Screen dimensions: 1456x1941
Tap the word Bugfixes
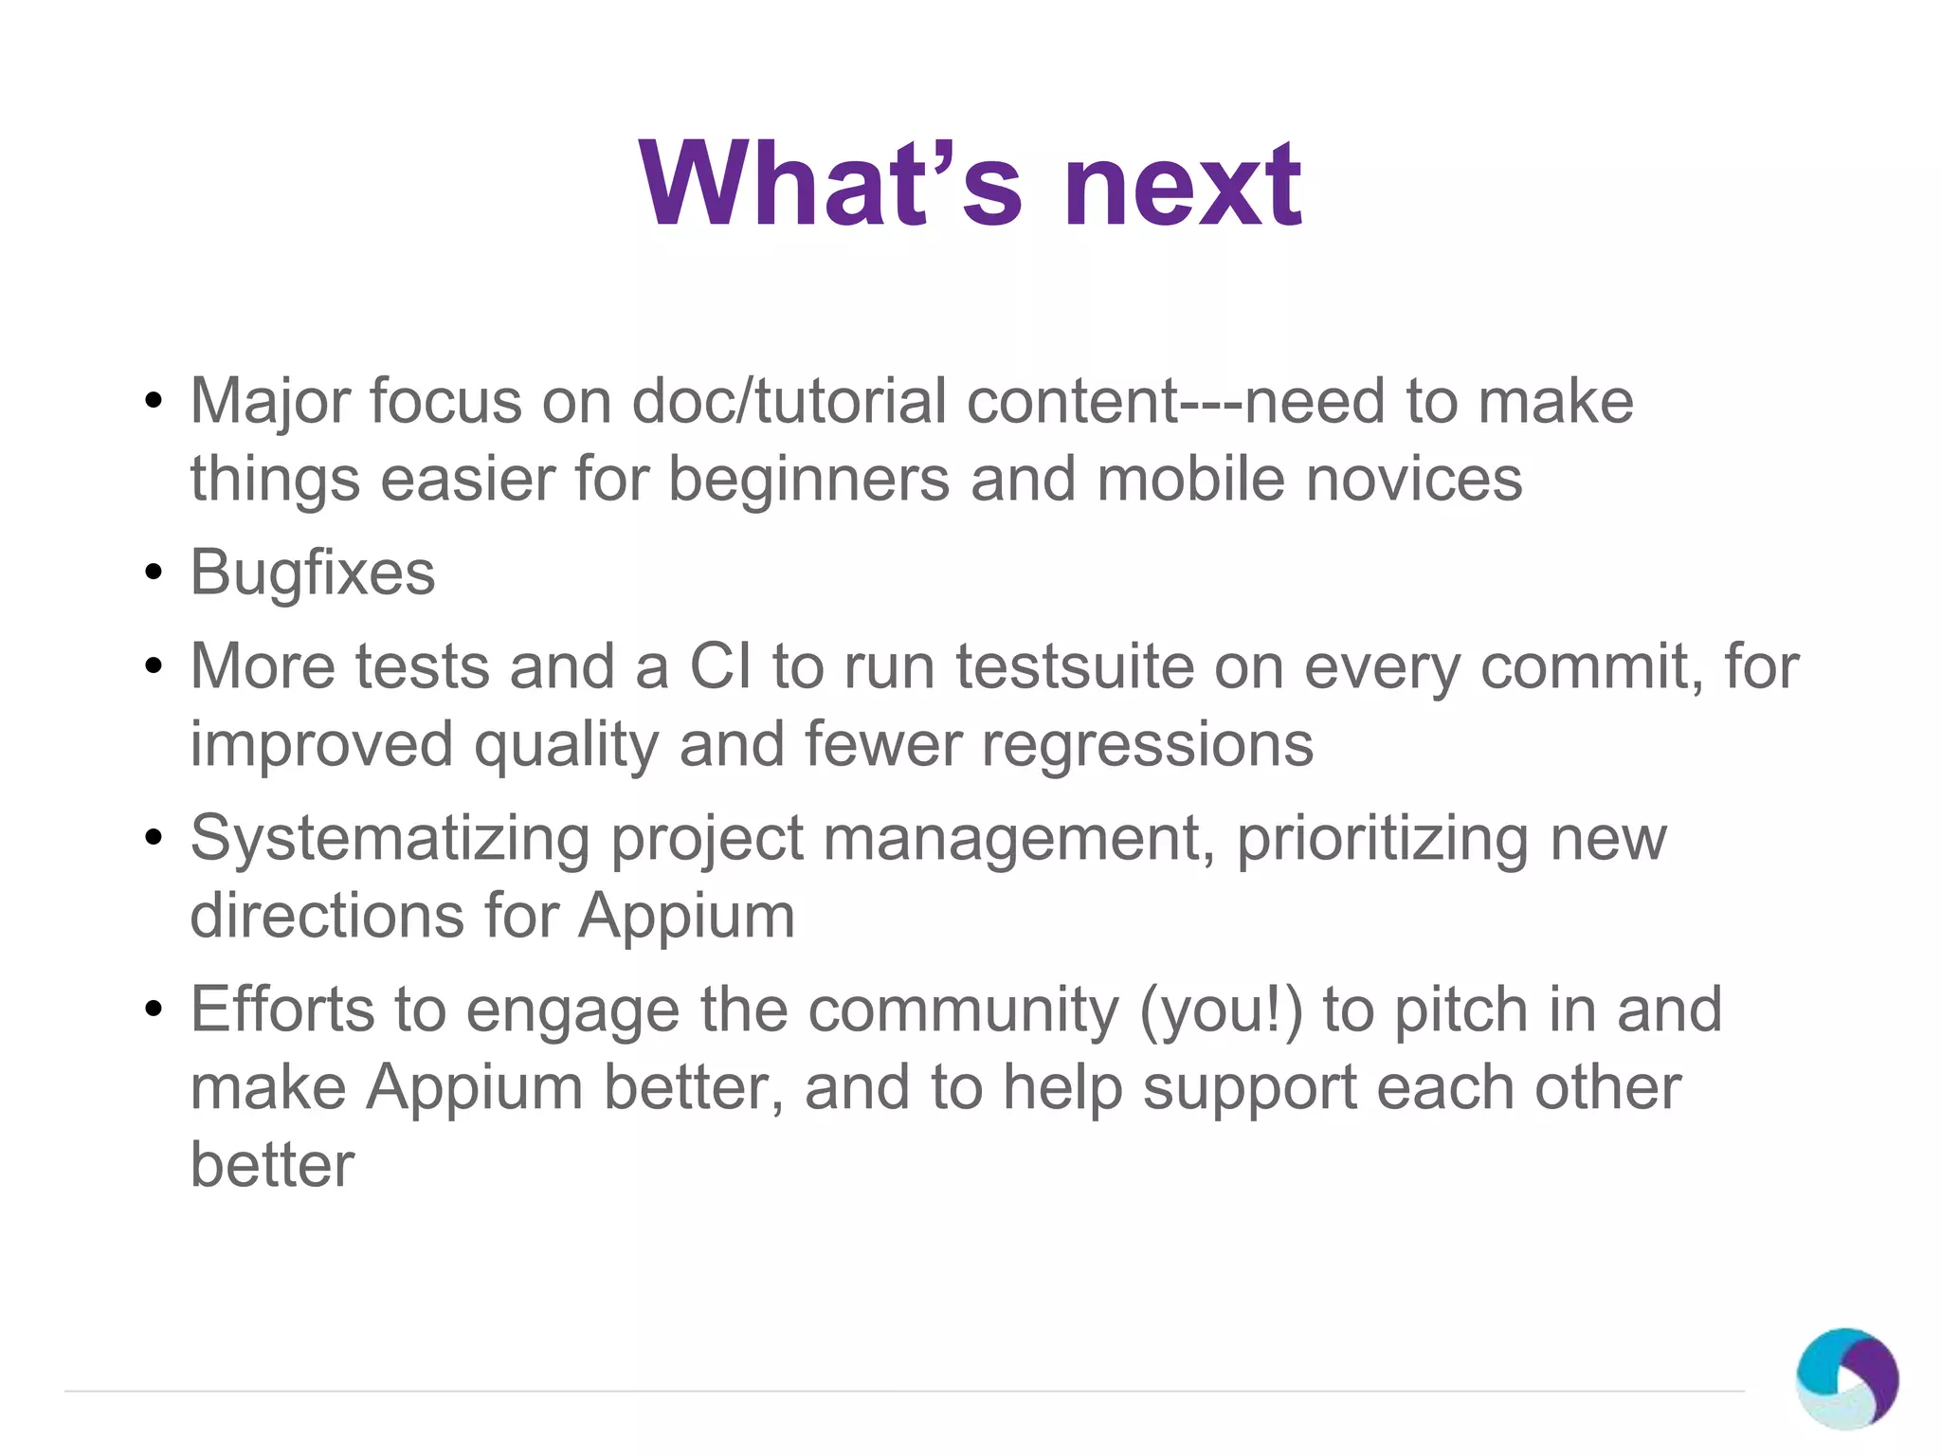point(313,573)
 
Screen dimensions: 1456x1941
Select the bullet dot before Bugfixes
point(154,573)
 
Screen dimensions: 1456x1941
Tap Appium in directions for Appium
point(686,917)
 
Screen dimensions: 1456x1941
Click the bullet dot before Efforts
point(154,1010)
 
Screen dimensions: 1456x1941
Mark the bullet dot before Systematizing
point(154,839)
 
